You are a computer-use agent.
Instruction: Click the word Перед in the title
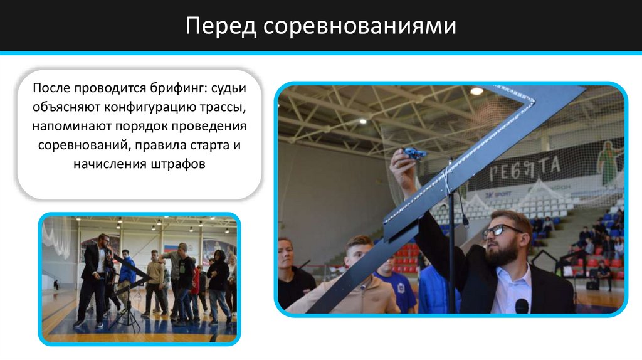click(220, 26)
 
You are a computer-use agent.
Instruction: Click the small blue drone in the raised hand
click(414, 152)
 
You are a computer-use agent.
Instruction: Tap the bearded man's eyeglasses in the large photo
click(502, 230)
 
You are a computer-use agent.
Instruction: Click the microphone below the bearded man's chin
click(522, 305)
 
